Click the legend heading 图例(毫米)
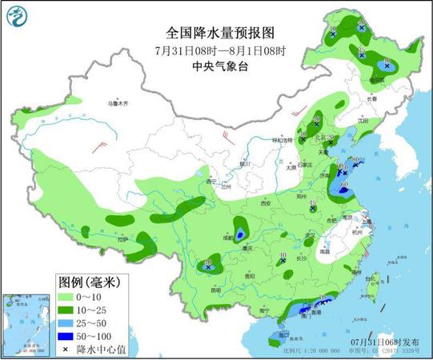[89, 282]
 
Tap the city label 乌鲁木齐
[118, 103]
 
